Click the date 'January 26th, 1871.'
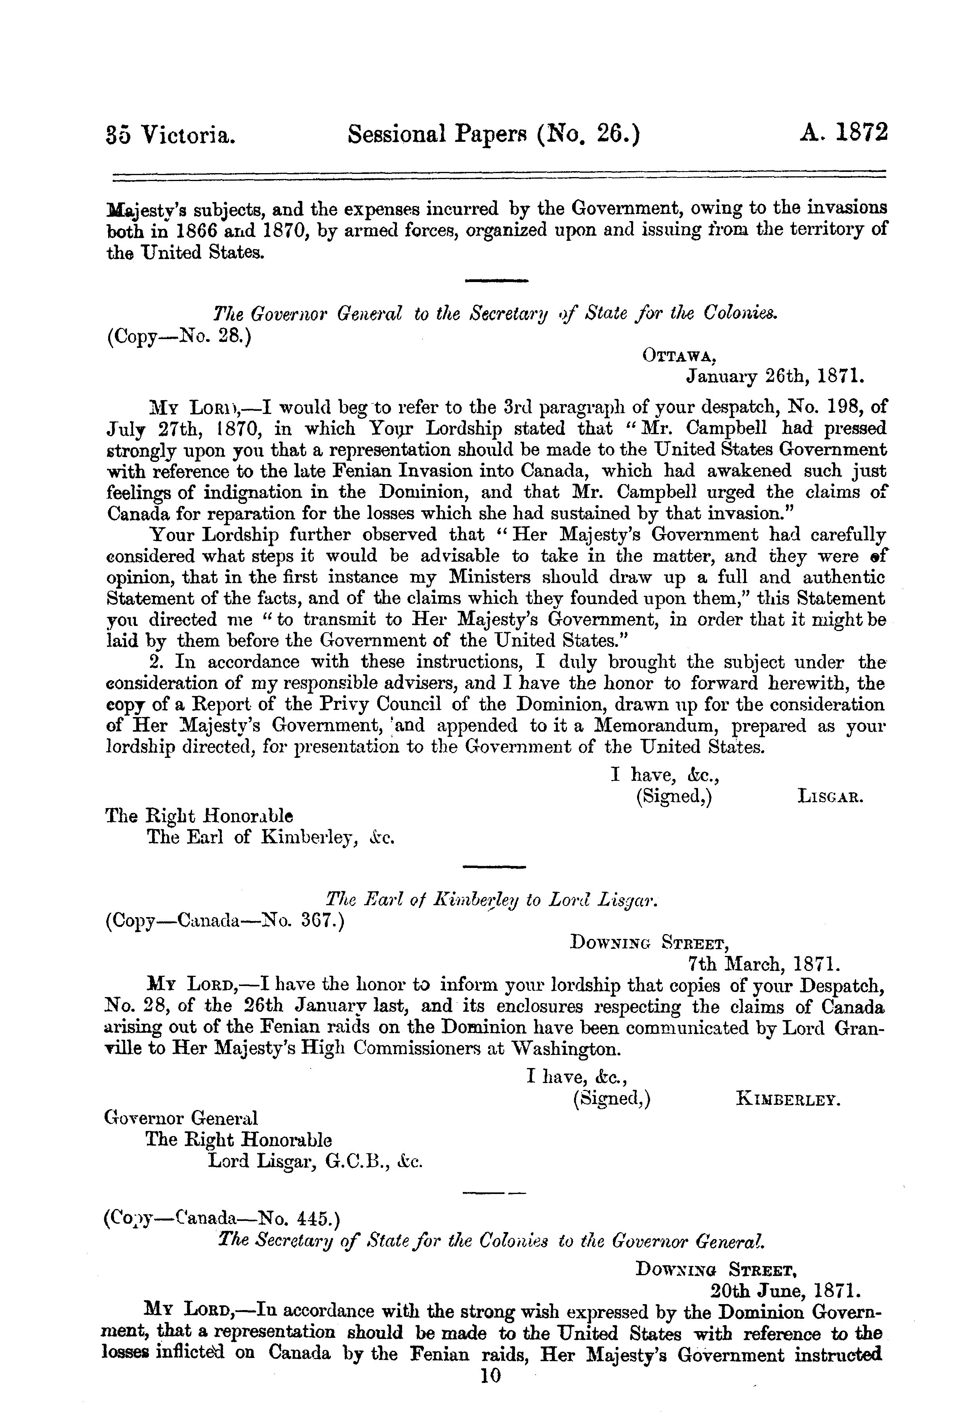coord(775,377)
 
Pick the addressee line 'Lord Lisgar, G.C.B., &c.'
coord(315,1160)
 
